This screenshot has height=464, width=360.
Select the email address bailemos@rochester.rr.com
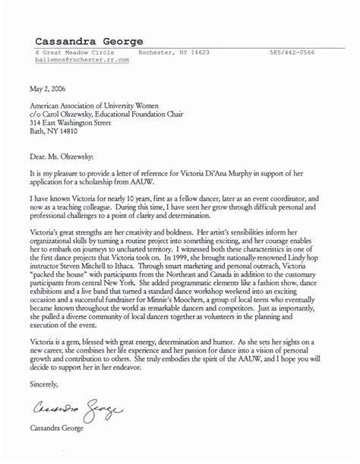click(x=83, y=59)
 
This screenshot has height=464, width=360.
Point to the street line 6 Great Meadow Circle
click(x=71, y=52)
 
